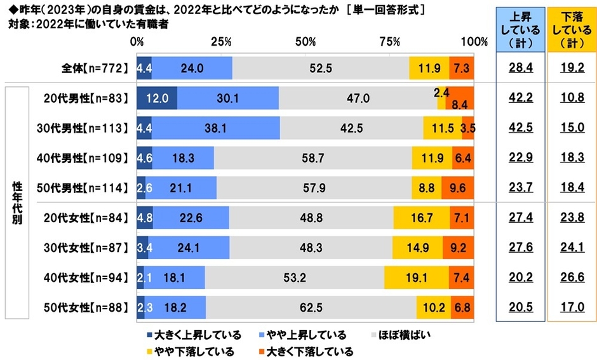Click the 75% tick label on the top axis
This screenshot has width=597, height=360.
pyautogui.click(x=389, y=42)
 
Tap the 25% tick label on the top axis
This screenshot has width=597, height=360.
pyautogui.click(x=220, y=42)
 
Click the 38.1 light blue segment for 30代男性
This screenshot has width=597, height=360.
pyautogui.click(x=217, y=128)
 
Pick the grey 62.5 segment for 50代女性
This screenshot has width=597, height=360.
pyautogui.click(x=311, y=307)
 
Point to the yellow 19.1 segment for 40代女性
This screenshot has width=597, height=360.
pyautogui.click(x=416, y=277)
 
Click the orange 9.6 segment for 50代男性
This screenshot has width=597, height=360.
pyautogui.click(x=457, y=187)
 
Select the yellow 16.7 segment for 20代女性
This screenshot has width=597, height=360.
pyautogui.click(x=421, y=217)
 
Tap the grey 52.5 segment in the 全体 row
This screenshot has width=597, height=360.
pyautogui.click(x=321, y=67)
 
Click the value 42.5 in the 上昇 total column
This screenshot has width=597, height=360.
pyautogui.click(x=520, y=128)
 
